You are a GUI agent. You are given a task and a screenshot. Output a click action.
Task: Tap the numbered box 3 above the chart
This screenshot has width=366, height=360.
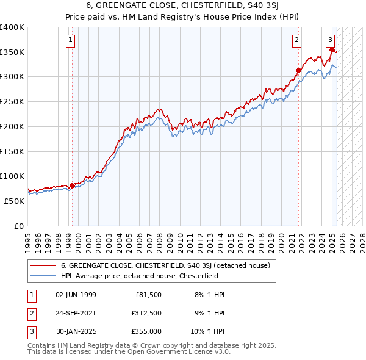point(330,41)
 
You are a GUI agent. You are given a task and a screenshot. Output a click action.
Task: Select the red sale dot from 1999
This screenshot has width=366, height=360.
point(72,185)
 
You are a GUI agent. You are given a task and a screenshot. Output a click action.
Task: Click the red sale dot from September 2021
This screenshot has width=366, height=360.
point(299,70)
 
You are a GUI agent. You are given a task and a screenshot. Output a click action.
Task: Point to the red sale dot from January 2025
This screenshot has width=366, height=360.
point(332,49)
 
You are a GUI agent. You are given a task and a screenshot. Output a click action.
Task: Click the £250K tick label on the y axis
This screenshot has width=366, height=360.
point(12,102)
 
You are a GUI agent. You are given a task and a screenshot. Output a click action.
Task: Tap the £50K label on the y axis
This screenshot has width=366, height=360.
point(14,201)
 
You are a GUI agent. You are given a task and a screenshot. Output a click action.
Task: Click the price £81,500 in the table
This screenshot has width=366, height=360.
point(148,295)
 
